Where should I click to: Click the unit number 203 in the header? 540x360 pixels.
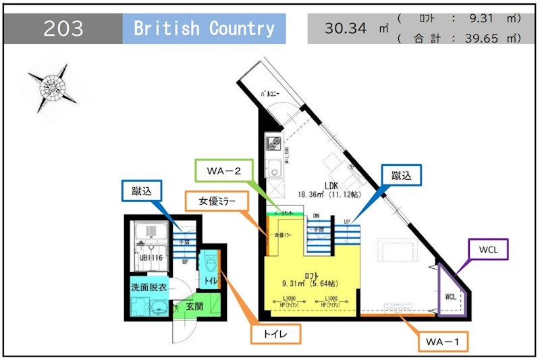click(x=64, y=28)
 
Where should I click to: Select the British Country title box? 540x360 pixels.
click(x=204, y=28)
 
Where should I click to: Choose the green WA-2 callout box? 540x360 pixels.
click(x=223, y=170)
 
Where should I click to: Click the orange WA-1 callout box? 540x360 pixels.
click(x=443, y=341)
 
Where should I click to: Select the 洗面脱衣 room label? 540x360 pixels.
click(x=148, y=288)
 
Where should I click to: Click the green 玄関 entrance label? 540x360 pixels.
click(x=194, y=307)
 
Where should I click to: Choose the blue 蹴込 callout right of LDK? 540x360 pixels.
click(x=401, y=176)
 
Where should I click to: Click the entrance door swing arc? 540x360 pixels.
click(x=182, y=331)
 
